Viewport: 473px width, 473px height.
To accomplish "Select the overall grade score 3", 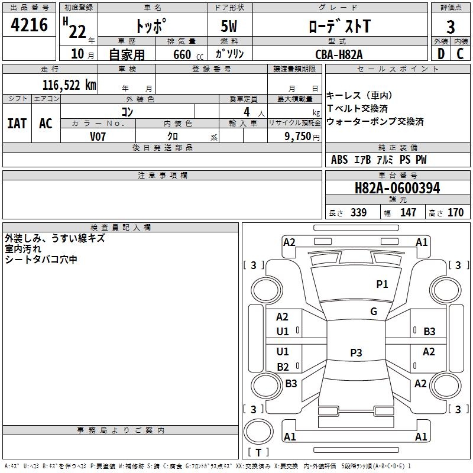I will (451, 27).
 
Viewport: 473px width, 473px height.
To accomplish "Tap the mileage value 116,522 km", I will (69, 85).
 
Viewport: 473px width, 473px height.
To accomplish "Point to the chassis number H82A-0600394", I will (397, 189).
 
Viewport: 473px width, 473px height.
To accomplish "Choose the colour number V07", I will (98, 136).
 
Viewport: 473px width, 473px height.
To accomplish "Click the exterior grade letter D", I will (440, 54).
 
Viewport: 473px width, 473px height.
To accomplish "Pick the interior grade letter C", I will (460, 54).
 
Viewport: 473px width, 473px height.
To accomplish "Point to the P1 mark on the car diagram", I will (382, 284).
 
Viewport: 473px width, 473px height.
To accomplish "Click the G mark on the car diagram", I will (374, 312).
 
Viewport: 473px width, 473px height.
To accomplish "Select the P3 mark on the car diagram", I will (356, 353).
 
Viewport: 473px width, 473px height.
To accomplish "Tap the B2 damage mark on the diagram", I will (283, 367).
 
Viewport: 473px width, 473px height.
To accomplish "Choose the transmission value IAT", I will (17, 123).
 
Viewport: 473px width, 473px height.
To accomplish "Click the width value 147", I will (408, 213).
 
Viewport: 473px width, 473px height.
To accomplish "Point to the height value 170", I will (455, 213).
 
